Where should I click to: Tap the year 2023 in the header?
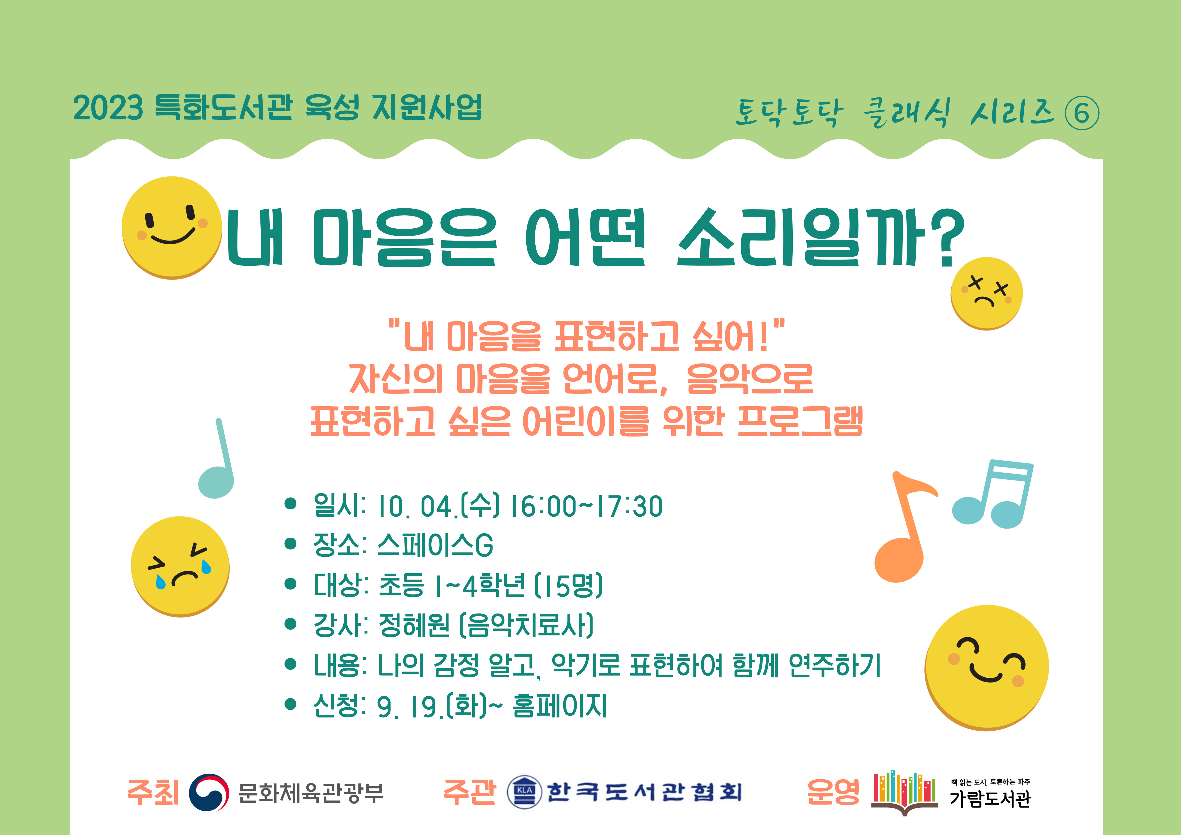[x=108, y=108]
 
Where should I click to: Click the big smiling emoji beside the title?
[x=172, y=228]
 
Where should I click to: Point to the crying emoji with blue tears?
[x=180, y=567]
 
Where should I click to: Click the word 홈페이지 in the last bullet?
[x=560, y=705]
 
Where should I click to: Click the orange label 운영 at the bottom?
[x=833, y=792]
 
